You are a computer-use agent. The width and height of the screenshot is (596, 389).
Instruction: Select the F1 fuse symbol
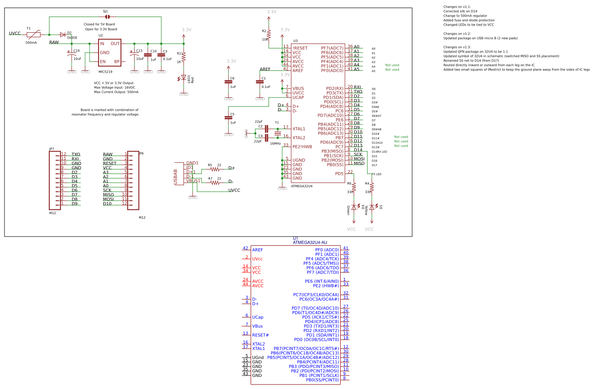[x=34, y=35]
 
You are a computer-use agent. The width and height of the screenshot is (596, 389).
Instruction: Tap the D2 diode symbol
[x=62, y=35]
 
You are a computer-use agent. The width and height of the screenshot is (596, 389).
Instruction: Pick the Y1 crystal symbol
[x=277, y=134]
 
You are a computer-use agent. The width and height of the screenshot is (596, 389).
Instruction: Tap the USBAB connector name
[x=176, y=177]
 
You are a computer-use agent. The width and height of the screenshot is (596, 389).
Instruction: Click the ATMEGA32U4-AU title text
[x=313, y=242]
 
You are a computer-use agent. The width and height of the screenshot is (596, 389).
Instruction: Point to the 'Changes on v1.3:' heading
[x=457, y=47]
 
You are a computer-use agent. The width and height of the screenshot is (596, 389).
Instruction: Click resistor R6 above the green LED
[x=354, y=187]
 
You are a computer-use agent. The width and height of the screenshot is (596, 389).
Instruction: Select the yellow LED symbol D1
[x=372, y=207]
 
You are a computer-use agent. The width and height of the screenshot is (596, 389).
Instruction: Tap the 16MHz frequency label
[x=275, y=144]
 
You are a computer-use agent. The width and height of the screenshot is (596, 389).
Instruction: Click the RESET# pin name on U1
[x=260, y=335]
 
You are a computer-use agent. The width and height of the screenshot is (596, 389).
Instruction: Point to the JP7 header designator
[x=51, y=149]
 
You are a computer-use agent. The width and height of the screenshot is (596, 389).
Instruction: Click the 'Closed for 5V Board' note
[x=99, y=24]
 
